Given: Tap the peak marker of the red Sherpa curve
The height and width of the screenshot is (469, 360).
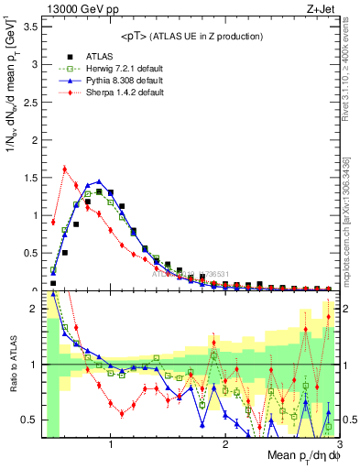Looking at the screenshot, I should click(64, 169).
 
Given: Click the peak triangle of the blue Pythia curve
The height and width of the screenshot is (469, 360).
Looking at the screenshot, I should click(99, 181).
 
